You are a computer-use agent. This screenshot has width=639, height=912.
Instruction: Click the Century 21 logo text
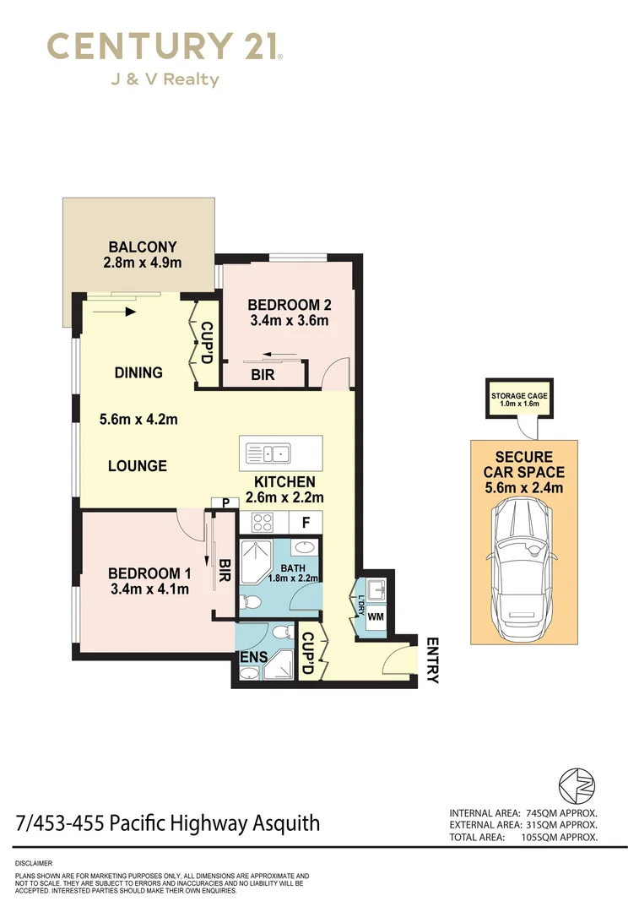tap(164, 46)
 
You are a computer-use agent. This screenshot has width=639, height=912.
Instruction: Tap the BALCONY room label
tap(143, 247)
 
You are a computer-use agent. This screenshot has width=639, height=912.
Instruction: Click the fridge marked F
tap(306, 523)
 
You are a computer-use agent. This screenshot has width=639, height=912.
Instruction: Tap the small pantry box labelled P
tap(225, 502)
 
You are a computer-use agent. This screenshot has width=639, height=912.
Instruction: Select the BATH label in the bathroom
tap(293, 568)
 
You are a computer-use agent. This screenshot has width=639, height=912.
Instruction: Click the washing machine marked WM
tap(375, 616)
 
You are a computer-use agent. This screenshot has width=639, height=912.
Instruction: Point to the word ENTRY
tap(433, 660)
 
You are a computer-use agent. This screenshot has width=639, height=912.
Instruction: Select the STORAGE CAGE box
tap(520, 399)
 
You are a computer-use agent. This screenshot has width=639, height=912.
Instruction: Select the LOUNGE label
tap(137, 465)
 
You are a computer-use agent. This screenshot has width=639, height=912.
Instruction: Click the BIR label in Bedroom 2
tap(263, 375)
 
